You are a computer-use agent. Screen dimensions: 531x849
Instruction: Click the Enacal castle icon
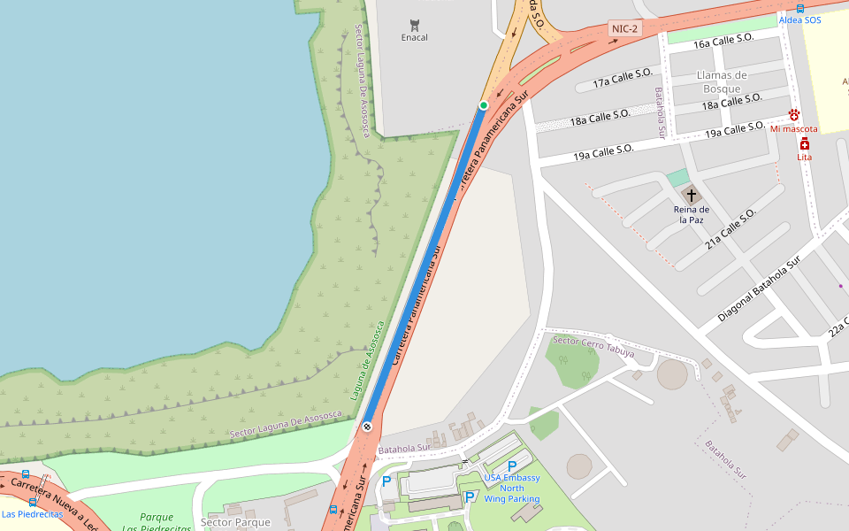[414, 23]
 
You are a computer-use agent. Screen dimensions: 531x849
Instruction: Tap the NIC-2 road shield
[624, 29]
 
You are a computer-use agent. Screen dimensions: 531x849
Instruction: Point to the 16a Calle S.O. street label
[723, 39]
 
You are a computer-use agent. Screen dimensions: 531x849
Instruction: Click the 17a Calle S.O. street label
[623, 80]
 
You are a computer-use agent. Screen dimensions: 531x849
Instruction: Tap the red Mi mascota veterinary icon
[794, 114]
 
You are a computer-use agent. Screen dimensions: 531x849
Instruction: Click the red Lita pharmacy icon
[804, 143]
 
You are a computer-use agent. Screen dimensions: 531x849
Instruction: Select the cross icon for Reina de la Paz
[691, 195]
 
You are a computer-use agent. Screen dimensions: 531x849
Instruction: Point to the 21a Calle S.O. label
[730, 228]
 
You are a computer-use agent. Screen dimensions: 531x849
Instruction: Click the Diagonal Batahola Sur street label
[759, 289]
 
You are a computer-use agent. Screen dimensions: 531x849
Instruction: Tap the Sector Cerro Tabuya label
[593, 343]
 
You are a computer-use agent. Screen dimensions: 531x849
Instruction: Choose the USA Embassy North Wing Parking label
[511, 488]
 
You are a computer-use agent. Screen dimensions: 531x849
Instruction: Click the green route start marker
[483, 105]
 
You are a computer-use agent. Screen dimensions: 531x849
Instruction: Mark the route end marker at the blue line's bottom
[367, 427]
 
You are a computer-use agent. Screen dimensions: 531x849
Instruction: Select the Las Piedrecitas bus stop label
[32, 513]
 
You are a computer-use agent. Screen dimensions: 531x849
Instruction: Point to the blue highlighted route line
[425, 265]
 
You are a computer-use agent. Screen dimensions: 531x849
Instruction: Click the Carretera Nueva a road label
[53, 504]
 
